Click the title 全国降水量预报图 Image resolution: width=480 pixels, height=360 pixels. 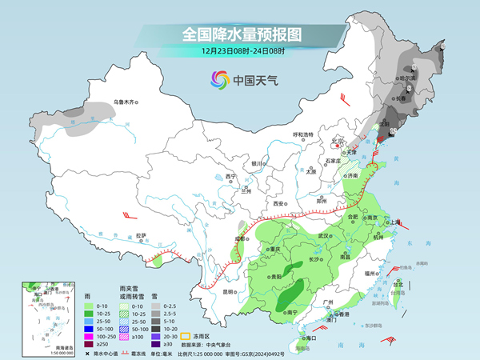[x=241, y=34]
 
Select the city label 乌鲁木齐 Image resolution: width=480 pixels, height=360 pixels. [x=126, y=102]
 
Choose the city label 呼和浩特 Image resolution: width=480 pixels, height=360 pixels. [x=303, y=134]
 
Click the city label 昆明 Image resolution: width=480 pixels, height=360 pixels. [x=228, y=291]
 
